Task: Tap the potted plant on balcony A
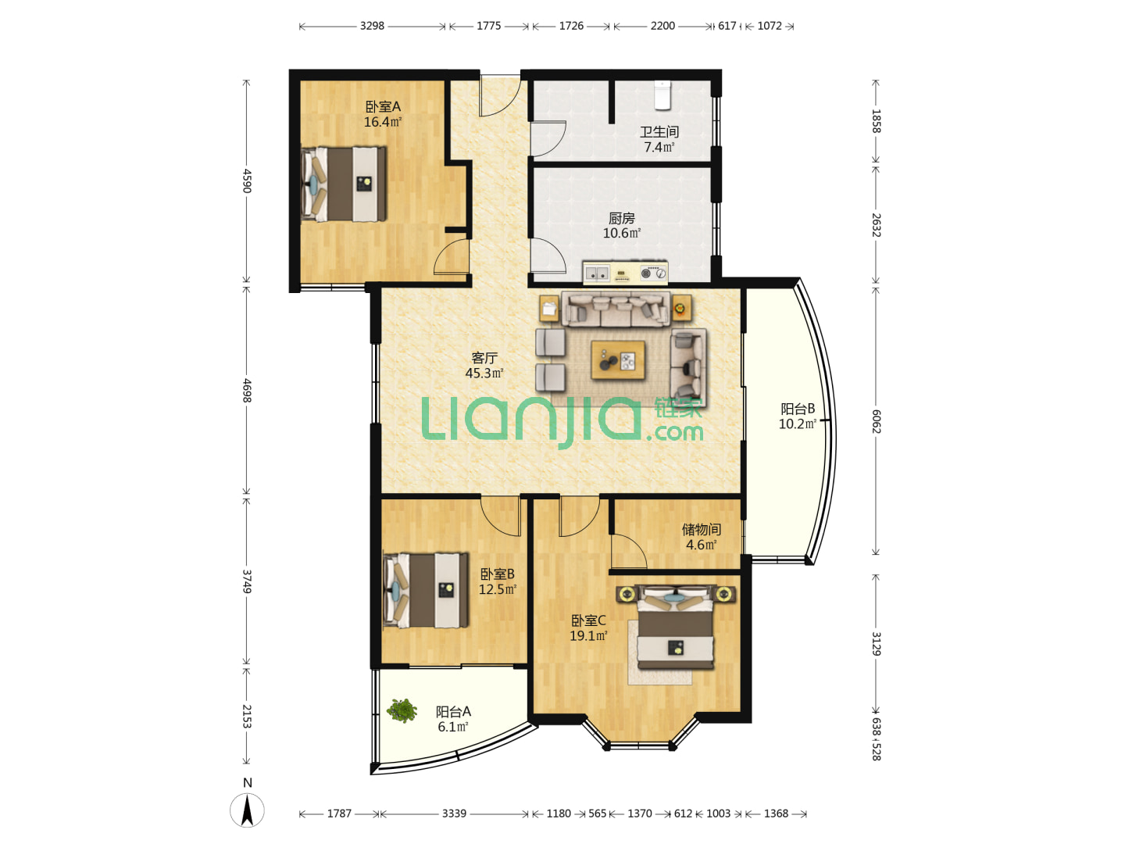402,710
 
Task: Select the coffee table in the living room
618,360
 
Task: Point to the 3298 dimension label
372,26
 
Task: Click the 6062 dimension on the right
876,421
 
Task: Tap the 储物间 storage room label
701,529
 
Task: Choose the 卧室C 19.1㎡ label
588,628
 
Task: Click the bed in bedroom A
344,184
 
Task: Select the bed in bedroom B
426,590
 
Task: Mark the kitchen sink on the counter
597,274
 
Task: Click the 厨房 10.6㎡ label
622,226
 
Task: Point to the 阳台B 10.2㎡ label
798,417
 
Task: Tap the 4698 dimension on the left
247,391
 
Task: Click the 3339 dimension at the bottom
454,814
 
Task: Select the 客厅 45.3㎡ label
484,366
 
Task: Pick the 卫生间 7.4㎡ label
659,139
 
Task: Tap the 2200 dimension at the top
662,26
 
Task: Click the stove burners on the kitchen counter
653,274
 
